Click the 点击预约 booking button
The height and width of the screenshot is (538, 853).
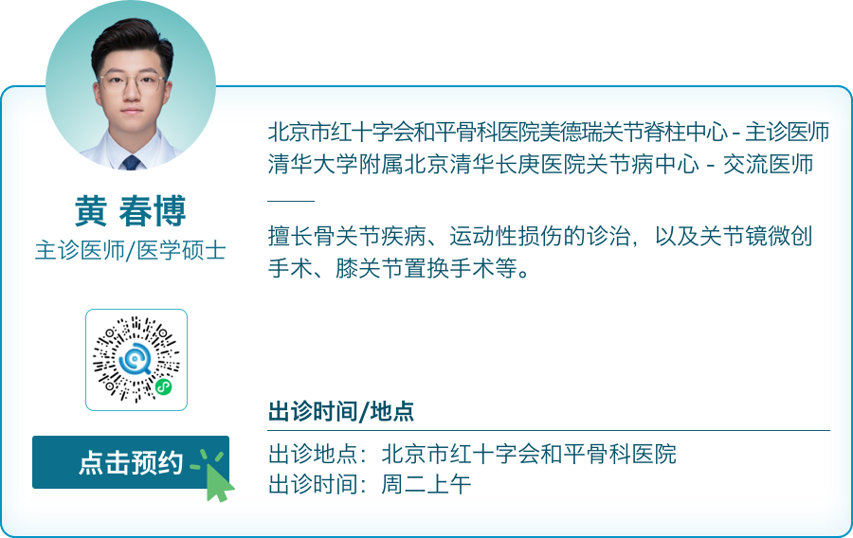130,462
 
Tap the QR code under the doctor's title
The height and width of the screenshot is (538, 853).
136,360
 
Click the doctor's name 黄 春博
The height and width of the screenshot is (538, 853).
131,211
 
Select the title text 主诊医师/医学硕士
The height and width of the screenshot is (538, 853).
131,251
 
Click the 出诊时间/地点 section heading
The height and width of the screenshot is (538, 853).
341,412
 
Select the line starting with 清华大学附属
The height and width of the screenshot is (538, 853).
540,163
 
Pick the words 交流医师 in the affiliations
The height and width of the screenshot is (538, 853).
769,163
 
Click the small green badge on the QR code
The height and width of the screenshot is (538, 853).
163,386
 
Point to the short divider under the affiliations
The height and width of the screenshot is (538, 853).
291,201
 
